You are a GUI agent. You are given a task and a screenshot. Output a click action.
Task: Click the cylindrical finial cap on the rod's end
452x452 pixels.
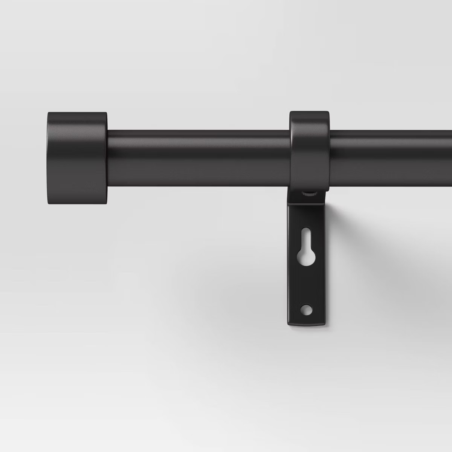click(77, 158)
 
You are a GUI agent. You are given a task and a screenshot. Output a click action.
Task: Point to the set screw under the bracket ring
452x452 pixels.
click(309, 194)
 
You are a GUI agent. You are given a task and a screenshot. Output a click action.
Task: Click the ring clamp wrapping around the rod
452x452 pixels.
click(310, 151)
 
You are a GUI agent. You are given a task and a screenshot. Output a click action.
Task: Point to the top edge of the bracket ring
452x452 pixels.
click(310, 112)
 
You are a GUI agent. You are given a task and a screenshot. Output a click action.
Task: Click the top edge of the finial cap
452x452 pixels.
click(77, 113)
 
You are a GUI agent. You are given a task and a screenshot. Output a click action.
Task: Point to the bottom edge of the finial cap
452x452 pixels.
click(77, 203)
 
